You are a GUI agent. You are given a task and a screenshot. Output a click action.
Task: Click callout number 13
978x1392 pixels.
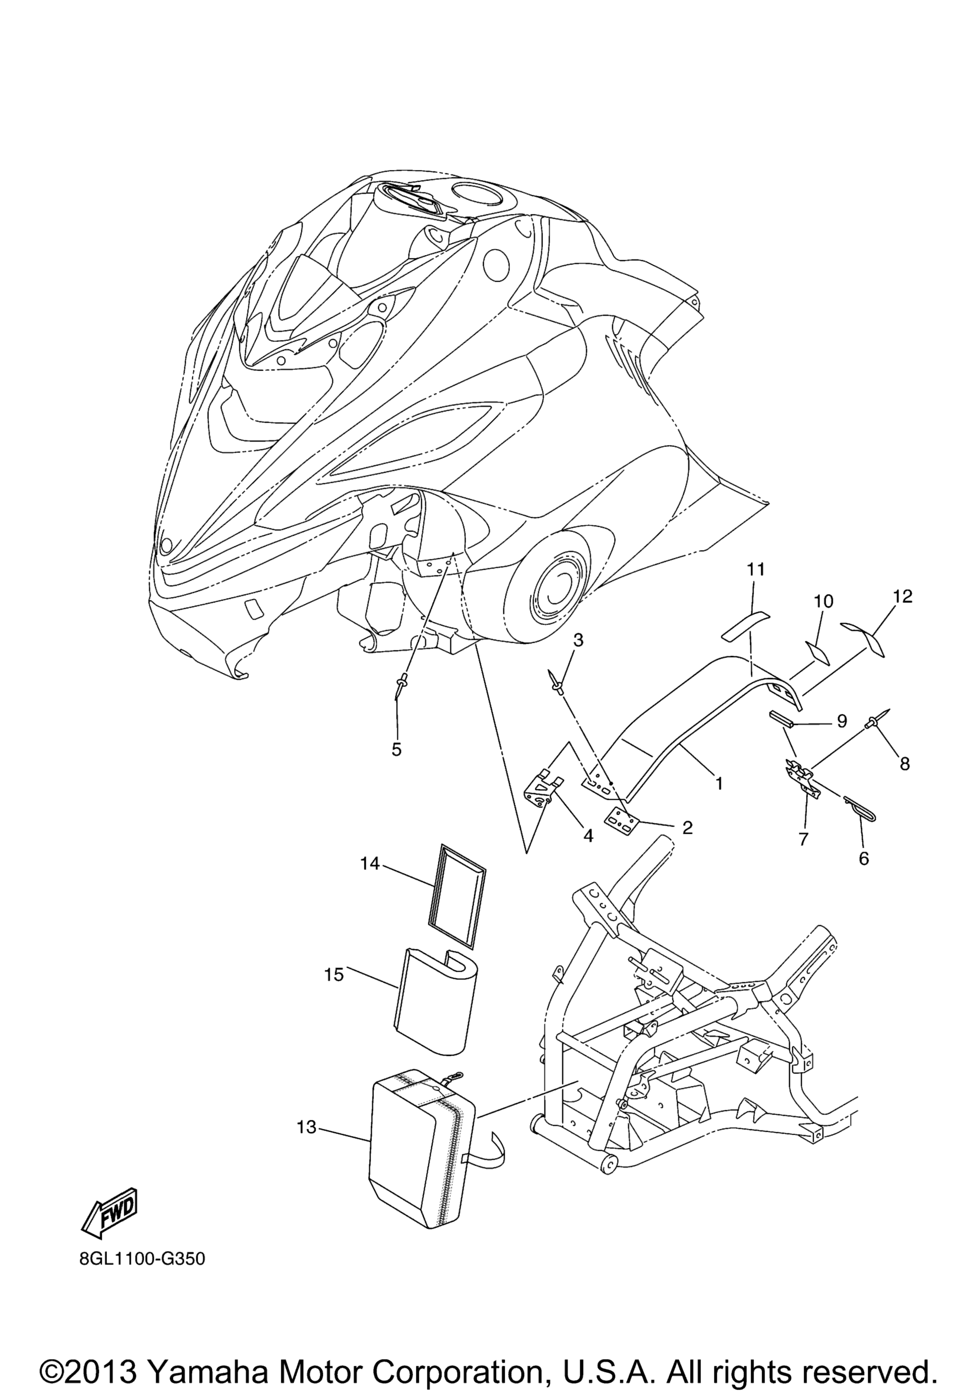click(x=307, y=1127)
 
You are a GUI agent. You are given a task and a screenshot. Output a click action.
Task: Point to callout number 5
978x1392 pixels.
click(x=396, y=749)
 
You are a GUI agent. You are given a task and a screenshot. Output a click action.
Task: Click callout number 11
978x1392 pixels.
click(x=756, y=569)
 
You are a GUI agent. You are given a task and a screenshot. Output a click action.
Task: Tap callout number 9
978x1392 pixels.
click(x=841, y=722)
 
